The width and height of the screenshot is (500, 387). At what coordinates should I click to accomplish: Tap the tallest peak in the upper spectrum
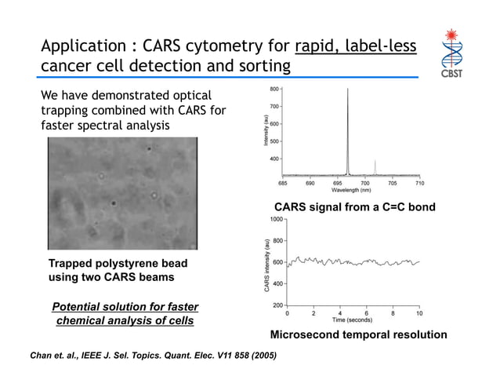tap(348, 90)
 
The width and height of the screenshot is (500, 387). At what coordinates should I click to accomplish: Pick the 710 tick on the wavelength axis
tap(419, 182)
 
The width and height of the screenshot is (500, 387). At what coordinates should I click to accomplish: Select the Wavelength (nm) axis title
tap(351, 190)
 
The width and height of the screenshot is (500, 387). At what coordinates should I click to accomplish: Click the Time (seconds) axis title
tap(353, 320)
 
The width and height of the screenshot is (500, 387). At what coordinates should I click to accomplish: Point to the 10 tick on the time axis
tap(420, 313)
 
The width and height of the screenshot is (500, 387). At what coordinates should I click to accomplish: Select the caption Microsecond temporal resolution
tap(358, 335)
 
